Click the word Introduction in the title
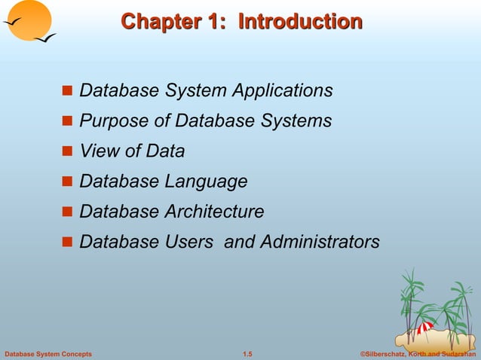pyautogui.click(x=300, y=22)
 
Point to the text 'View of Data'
pyautogui.click(x=132, y=151)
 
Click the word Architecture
pyautogui.click(x=214, y=212)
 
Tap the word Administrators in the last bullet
pyautogui.click(x=320, y=242)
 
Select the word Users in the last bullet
pyautogui.click(x=188, y=242)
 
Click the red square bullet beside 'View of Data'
pyautogui.click(x=66, y=151)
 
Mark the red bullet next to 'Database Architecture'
pyautogui.click(x=66, y=212)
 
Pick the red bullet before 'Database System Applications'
pyautogui.click(x=66, y=91)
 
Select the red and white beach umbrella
pyautogui.click(x=425, y=328)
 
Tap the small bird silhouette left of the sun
pyautogui.click(x=11, y=23)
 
